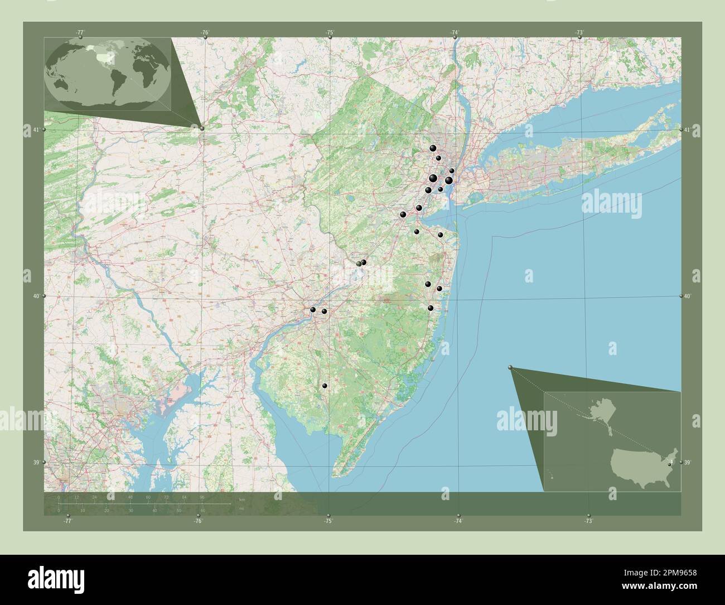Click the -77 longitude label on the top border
tap(80, 32)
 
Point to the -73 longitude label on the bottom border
tap(588, 521)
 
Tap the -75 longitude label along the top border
tap(330, 32)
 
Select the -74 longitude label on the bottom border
tap(458, 521)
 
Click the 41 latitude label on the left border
tap(35, 129)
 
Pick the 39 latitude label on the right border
tap(688, 462)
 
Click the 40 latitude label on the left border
tap(35, 296)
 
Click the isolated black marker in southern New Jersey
tap(325, 386)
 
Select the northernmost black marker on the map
tap(433, 148)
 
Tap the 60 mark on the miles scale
tap(202, 510)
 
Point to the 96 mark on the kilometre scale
tap(202, 497)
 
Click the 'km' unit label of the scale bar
tap(241, 499)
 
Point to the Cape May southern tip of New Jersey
tap(337, 475)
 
